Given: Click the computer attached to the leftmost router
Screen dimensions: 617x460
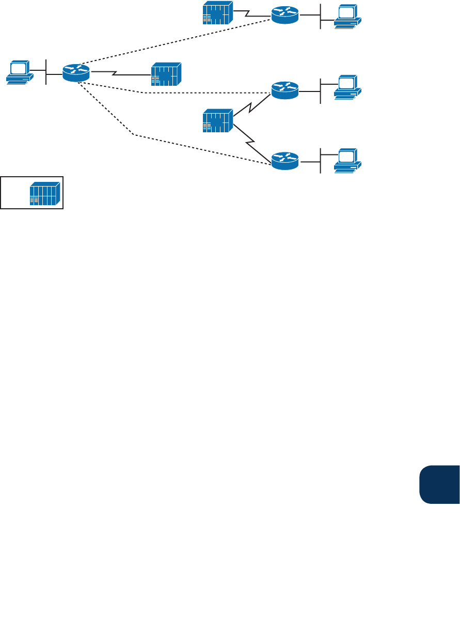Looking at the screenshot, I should (20, 72).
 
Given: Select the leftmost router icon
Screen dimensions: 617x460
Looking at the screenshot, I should (76, 72).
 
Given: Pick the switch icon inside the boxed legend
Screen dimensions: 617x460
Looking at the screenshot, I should (45, 193).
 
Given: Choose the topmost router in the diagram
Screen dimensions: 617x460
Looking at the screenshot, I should (285, 15).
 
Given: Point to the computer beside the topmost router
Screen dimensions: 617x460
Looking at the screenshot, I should (347, 16).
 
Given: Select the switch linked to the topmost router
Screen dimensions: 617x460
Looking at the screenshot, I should (217, 13).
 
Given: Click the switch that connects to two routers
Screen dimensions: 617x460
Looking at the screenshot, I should (217, 120).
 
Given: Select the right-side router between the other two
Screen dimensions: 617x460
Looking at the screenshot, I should (285, 90).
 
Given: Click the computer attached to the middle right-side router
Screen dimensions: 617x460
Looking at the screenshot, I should (347, 87).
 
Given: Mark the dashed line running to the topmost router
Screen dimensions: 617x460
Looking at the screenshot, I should (176, 43).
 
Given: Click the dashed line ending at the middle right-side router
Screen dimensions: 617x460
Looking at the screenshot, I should (207, 93).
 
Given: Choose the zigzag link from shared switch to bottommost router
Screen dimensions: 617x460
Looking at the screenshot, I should (252, 140).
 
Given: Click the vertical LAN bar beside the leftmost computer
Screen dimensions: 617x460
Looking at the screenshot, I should (46, 72).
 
